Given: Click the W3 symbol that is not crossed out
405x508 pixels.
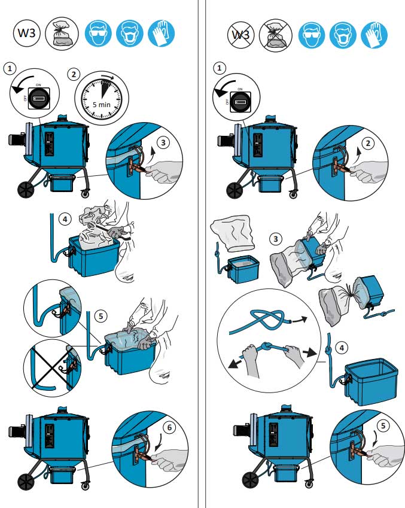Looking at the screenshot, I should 27,32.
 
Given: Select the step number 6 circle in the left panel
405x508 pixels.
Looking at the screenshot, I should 169,427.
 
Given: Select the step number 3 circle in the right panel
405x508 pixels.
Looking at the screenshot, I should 276,239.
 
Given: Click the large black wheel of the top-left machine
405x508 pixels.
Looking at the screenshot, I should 26,189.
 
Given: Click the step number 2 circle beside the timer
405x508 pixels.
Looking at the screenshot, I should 74,75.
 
